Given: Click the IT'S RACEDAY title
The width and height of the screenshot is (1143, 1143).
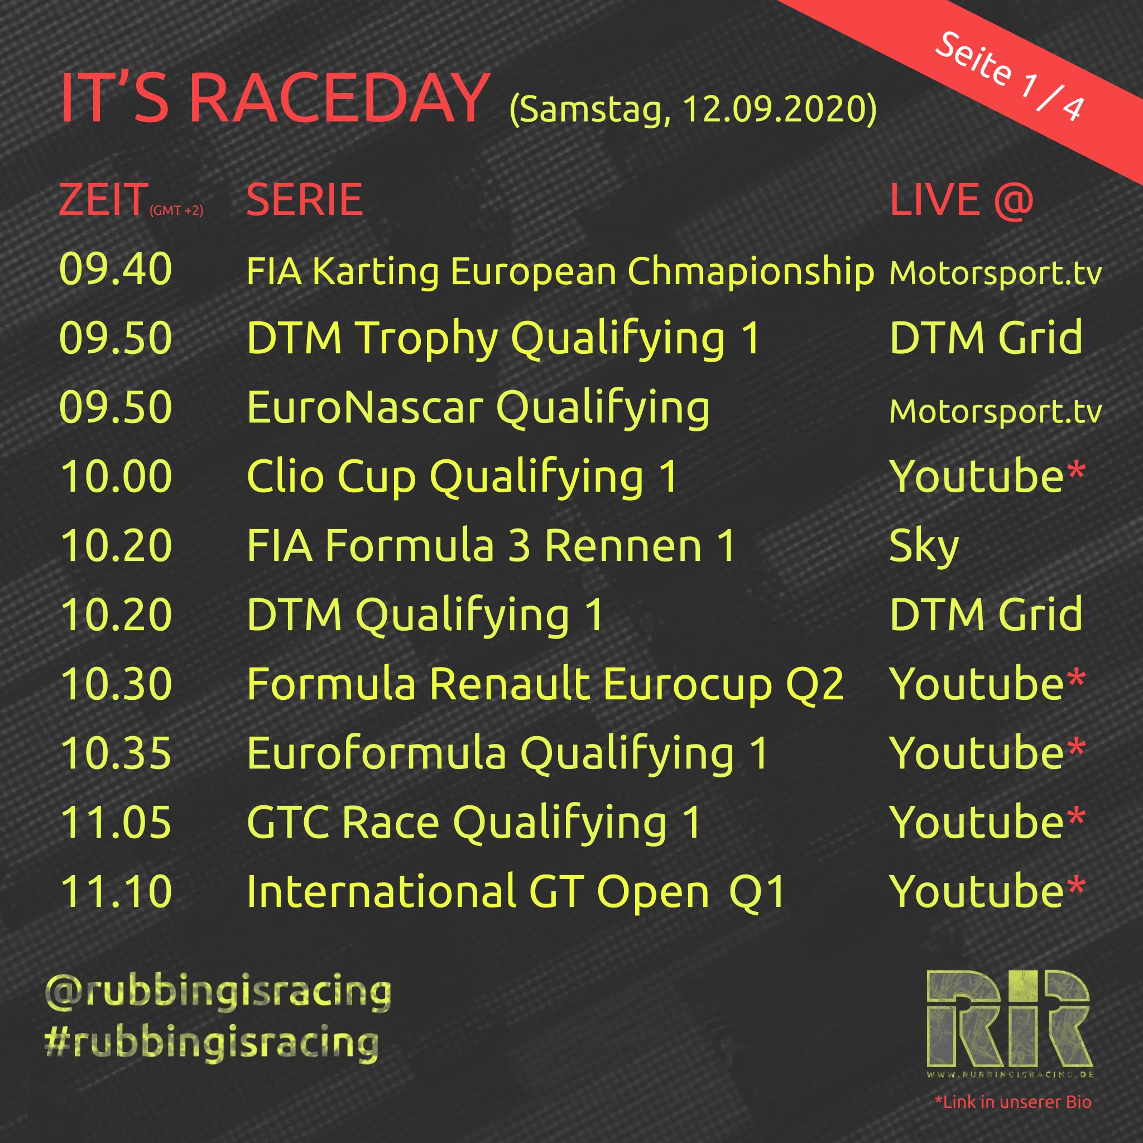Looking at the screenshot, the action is click(x=274, y=98).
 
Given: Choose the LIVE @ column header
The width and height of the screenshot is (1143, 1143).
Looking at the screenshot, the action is click(x=962, y=200).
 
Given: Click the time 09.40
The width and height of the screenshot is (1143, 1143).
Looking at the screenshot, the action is click(x=116, y=270).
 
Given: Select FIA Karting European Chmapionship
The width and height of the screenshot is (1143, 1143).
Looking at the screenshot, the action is click(x=560, y=273).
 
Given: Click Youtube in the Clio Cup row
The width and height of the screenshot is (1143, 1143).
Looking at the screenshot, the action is click(x=977, y=476).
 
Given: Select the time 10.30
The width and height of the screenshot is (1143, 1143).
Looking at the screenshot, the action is click(x=116, y=684).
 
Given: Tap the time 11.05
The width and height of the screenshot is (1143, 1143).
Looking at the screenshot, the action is click(x=116, y=822).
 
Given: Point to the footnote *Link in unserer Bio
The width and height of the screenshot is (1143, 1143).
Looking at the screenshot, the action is click(x=1013, y=1102).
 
